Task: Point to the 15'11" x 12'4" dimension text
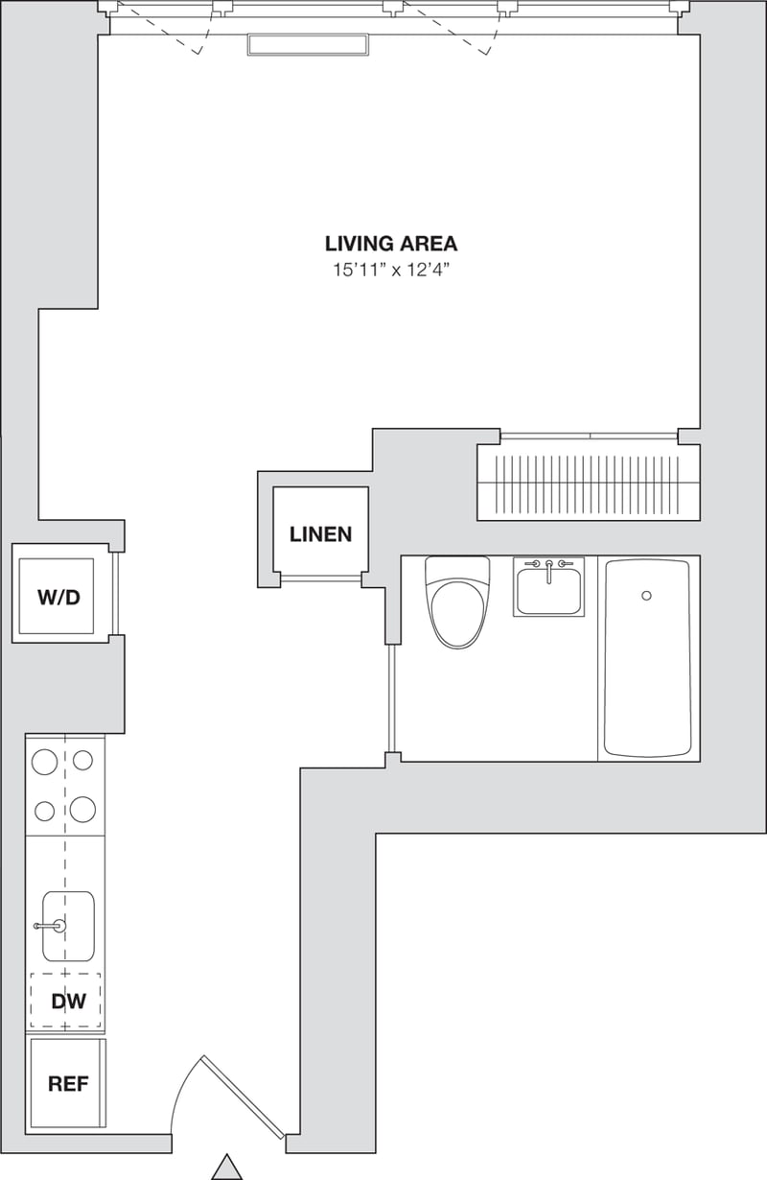coord(391,270)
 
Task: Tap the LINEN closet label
coord(320,534)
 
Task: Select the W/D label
coord(58,598)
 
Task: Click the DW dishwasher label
coord(68,1002)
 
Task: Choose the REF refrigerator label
coord(68,1084)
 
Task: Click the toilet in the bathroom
coord(458,604)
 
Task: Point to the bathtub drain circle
coord(646,596)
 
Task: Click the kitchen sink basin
coord(69,926)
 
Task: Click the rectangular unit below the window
coord(308,44)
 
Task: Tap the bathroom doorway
coord(391,697)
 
